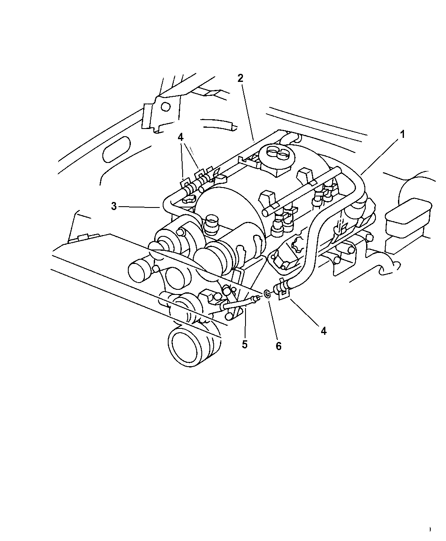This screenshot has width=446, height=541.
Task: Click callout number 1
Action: pos(402,135)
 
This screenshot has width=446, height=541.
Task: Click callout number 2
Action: pos(240,78)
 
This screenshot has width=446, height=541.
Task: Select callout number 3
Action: pos(114,207)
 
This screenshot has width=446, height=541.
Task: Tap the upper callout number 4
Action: pos(181,137)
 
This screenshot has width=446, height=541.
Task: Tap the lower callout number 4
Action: pos(323,331)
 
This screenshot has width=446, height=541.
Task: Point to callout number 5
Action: pos(244,345)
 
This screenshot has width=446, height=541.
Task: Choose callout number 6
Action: pos(278,346)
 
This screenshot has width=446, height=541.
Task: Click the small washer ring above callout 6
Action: pos(267,294)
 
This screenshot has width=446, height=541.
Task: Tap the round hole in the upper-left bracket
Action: pos(166,107)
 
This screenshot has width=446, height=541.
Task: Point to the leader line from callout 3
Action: pos(139,207)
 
